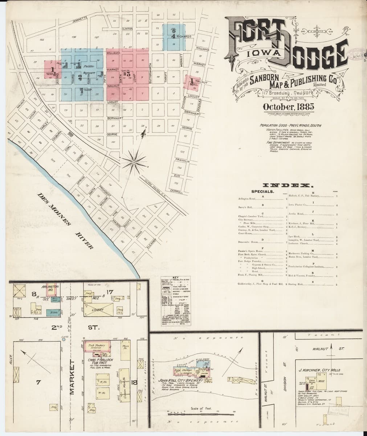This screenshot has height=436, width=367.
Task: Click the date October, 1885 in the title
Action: [286, 107]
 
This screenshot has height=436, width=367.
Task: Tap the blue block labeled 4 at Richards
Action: [174, 37]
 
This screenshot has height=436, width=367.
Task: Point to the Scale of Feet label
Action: [199, 409]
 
